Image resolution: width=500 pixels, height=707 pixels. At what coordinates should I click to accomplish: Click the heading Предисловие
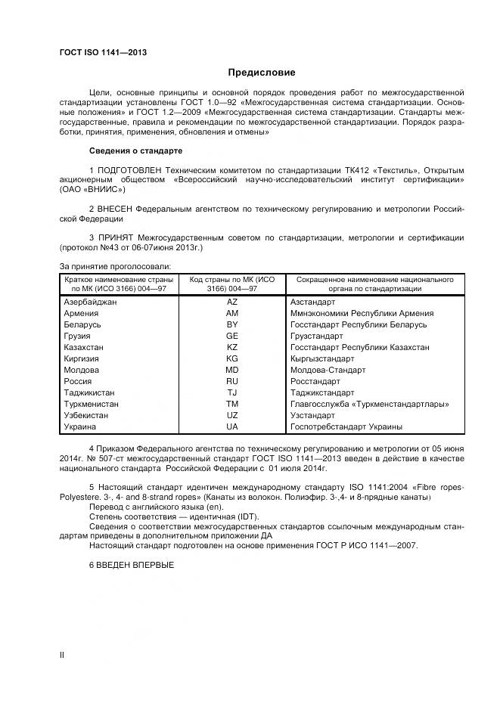tap(262, 73)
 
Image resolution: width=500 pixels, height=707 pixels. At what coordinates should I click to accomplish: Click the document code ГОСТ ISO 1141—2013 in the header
tap(103, 52)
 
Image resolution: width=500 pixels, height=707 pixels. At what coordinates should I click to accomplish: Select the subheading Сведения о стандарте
tap(136, 150)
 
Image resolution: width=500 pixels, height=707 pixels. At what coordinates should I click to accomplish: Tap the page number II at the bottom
tap(62, 655)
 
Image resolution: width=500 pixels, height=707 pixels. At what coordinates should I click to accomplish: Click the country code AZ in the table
tap(231, 302)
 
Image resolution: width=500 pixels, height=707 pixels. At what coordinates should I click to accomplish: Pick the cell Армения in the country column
tap(81, 313)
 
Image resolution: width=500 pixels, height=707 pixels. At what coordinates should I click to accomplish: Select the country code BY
tap(231, 324)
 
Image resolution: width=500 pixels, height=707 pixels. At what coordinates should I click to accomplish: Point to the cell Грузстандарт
tap(316, 336)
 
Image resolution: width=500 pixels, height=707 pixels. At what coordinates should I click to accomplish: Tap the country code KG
tap(231, 358)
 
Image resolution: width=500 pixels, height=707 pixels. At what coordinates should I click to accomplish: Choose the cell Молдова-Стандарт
tap(328, 370)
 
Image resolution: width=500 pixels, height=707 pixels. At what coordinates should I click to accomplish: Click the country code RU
tap(231, 381)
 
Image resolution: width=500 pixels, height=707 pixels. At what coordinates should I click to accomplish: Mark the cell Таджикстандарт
tap(322, 392)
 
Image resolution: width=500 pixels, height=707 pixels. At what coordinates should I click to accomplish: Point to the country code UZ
tap(231, 415)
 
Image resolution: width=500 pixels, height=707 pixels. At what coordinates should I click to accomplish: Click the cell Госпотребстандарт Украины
tap(346, 426)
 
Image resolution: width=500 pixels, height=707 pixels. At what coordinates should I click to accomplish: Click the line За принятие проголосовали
tap(115, 265)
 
